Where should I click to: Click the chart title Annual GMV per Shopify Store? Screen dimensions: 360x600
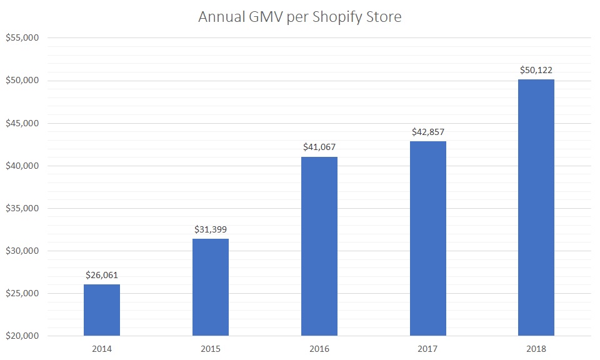click(x=299, y=17)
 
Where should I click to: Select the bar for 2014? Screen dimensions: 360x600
click(x=102, y=310)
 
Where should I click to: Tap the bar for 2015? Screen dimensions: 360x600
click(x=211, y=287)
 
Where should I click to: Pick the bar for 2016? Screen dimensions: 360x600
click(x=319, y=246)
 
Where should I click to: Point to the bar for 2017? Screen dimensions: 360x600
click(x=428, y=239)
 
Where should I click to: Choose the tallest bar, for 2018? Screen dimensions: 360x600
click(x=536, y=207)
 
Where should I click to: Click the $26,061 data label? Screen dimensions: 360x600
click(x=102, y=274)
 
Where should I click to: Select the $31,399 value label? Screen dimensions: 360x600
click(x=211, y=228)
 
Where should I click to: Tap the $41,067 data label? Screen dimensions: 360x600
click(x=319, y=146)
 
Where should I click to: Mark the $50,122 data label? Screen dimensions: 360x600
click(x=536, y=69)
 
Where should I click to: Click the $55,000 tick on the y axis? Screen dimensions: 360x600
click(x=22, y=38)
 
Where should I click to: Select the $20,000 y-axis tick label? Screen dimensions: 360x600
click(x=22, y=336)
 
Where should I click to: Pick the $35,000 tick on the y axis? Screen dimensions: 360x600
click(x=22, y=208)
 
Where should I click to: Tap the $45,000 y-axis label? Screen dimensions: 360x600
click(x=22, y=123)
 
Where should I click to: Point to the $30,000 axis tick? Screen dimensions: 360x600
click(x=22, y=251)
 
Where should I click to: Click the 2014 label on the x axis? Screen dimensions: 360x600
click(x=102, y=349)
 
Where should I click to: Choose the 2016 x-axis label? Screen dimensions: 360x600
click(x=319, y=349)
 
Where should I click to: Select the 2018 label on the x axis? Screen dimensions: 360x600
click(x=536, y=349)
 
